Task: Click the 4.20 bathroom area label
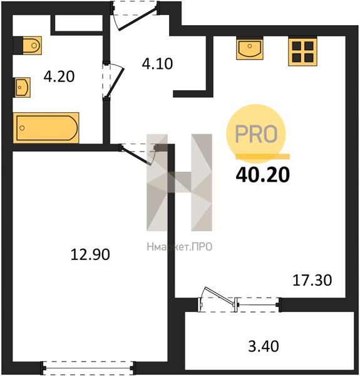click(x=59, y=76)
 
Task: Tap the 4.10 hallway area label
click(x=157, y=64)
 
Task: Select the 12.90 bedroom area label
click(x=90, y=254)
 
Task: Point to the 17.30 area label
click(x=312, y=280)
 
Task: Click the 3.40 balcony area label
click(x=264, y=347)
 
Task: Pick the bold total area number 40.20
click(x=263, y=175)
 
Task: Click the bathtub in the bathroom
click(x=46, y=128)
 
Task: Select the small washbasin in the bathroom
click(x=22, y=87)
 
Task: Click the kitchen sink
click(x=250, y=49)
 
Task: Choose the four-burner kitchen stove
click(x=303, y=51)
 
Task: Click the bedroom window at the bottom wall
click(x=88, y=368)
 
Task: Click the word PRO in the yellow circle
click(x=256, y=133)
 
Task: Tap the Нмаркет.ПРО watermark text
click(x=180, y=247)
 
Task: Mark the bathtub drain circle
click(x=22, y=128)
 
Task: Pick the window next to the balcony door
click(x=258, y=305)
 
